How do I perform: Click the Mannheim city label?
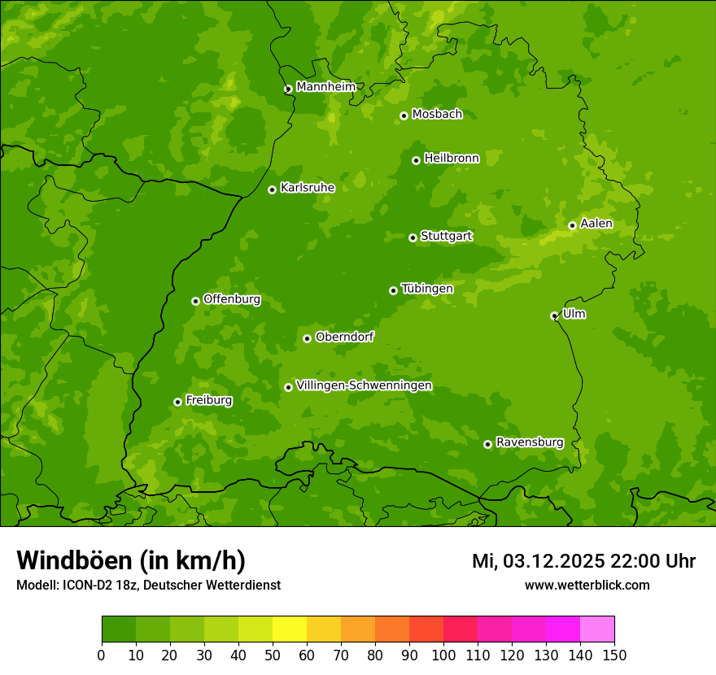pos(325,87)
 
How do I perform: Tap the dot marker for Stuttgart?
pos(413,237)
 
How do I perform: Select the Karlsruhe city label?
pos(308,188)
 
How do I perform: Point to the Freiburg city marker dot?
pos(177,402)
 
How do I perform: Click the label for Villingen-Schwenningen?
pos(364,385)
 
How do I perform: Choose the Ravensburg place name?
pos(529,442)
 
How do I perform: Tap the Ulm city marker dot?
pos(554,316)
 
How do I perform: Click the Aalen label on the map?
pos(596,224)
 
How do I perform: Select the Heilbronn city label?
pos(452,159)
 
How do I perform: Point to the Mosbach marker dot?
pos(404,115)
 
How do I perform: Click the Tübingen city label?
pos(427,289)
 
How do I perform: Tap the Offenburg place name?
pos(232,299)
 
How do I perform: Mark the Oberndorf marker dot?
pos(307,338)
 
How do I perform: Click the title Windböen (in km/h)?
pos(131,560)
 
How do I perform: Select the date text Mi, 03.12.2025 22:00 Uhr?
pos(583,561)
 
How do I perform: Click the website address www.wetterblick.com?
pos(587,585)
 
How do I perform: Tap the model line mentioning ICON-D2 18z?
pos(148,585)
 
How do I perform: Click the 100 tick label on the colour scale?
pos(443,655)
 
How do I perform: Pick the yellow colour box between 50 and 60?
pos(290,629)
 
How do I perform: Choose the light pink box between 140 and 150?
pos(597,629)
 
